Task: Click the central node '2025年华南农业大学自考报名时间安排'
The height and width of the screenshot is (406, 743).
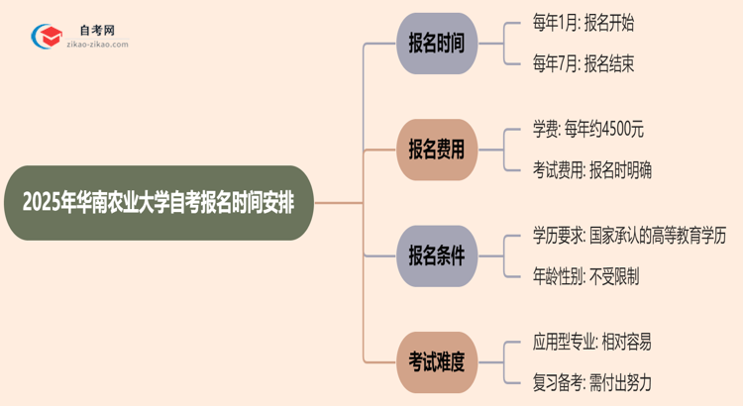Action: [156, 203]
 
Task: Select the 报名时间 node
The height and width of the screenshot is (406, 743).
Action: [437, 44]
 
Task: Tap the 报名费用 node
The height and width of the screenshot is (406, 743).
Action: [437, 150]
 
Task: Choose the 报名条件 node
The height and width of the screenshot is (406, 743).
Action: [437, 255]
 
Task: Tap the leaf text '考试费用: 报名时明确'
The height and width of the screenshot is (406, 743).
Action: [590, 170]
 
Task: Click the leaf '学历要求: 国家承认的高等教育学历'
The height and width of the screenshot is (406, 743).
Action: [629, 235]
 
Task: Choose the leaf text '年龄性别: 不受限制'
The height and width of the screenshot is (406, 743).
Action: [584, 277]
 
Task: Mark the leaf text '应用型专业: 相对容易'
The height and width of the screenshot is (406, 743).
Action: [590, 341]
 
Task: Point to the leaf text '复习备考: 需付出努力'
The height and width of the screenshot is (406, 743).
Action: [590, 383]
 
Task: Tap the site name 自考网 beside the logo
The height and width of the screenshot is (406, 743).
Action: [96, 30]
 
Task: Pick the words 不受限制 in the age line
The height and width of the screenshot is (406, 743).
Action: [613, 277]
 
